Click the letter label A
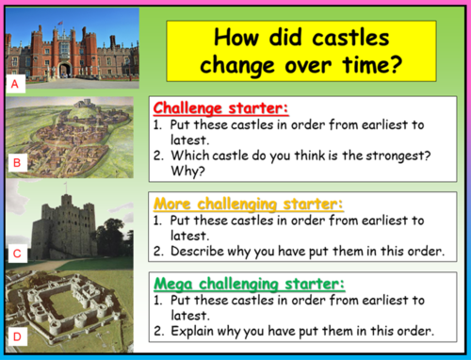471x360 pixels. [x=15, y=83]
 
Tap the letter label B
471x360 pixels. [x=15, y=162]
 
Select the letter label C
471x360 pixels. [x=15, y=252]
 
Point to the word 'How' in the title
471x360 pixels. [x=236, y=39]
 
